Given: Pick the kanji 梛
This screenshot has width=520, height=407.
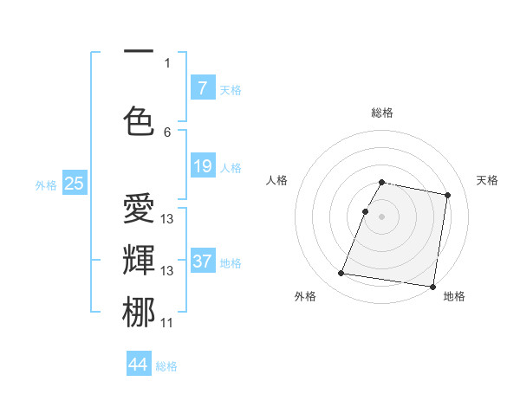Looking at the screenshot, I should (139, 312).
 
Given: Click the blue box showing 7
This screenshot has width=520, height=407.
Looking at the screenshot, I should (202, 87).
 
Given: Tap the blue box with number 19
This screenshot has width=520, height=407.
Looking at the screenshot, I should (202, 166).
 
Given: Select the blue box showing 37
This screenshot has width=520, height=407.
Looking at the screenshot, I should (202, 262).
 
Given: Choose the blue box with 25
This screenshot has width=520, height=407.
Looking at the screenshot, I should (74, 183).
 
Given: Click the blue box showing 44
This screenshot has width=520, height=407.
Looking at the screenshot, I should (139, 365).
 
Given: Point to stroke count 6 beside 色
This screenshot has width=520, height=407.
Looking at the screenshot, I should (167, 132).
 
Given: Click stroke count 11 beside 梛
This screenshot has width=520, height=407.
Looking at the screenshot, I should (167, 323).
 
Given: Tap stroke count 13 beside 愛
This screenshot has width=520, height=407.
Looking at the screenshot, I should (167, 219).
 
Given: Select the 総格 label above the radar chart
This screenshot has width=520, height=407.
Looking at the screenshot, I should (382, 113).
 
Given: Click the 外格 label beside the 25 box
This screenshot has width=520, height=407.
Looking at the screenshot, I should (46, 184).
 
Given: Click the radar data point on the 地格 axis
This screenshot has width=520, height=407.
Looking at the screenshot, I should (432, 286).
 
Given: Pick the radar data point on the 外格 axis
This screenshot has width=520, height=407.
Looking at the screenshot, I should (341, 274).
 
